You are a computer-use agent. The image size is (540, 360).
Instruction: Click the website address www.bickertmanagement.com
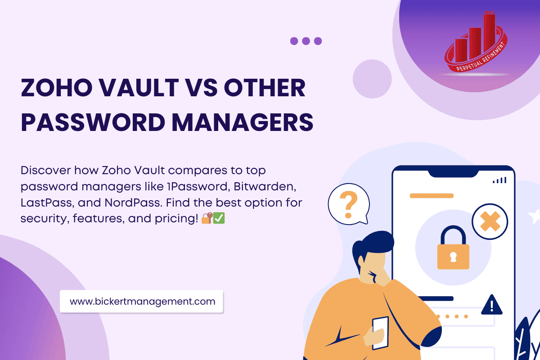coord(142,301)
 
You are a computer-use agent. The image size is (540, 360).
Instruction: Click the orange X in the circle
coord(490,222)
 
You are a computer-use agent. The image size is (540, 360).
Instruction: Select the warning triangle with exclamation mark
coord(491,306)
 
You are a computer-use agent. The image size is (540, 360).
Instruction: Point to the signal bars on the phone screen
coord(499,180)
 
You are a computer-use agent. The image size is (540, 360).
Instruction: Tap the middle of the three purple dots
coord(306,41)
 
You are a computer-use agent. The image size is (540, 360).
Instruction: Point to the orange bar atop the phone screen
coord(431,196)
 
